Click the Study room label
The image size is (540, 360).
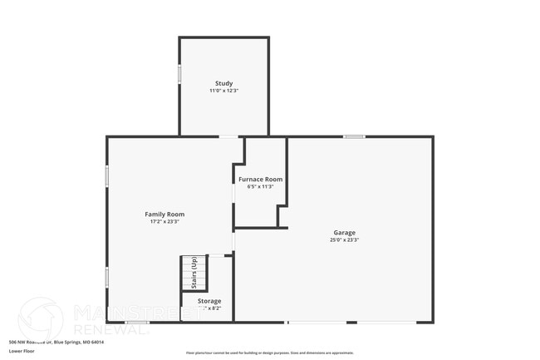pos(223,83)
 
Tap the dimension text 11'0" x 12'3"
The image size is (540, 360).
pos(223,91)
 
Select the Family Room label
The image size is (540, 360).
pos(164,214)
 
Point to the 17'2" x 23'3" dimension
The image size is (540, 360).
pos(164,221)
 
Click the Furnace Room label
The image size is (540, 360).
pos(260,179)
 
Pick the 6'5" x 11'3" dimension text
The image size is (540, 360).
pos(260,186)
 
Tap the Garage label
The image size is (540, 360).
pos(345,232)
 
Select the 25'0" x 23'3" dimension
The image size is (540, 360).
pos(345,239)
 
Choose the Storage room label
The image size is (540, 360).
pos(209,300)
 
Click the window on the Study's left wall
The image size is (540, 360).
pos(179,74)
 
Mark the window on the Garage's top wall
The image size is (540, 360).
pos(355,136)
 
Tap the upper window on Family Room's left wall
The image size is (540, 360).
pos(107,176)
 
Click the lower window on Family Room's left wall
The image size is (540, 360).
pos(107,277)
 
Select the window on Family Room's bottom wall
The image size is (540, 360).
pos(137,322)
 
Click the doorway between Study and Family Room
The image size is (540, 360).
pos(228,136)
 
